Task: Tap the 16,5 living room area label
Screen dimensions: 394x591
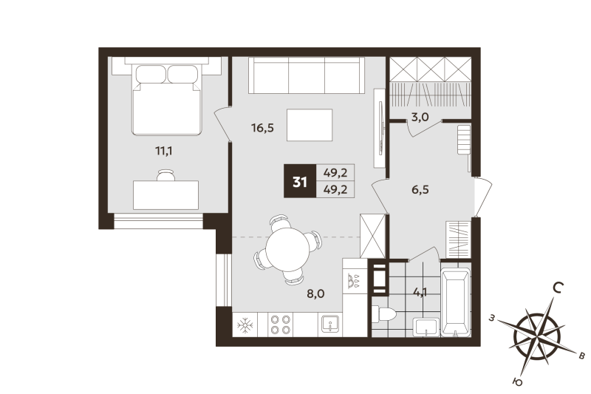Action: click(x=262, y=128)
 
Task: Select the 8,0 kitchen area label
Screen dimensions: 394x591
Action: click(x=315, y=293)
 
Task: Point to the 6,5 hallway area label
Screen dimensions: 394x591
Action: click(x=420, y=188)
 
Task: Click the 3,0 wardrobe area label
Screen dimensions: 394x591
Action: click(x=419, y=116)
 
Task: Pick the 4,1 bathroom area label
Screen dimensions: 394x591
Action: click(x=420, y=291)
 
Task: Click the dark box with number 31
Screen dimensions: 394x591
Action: click(x=299, y=181)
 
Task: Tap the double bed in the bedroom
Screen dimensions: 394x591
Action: click(x=167, y=99)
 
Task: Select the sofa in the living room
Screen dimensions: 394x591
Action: click(x=306, y=75)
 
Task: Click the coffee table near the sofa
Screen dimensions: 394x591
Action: click(x=310, y=124)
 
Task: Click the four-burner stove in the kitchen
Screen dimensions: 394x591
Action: click(x=280, y=325)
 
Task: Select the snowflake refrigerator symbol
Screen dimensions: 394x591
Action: click(x=244, y=325)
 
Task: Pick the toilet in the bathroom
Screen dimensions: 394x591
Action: click(x=385, y=314)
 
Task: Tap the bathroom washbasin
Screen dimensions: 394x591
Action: click(x=424, y=326)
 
